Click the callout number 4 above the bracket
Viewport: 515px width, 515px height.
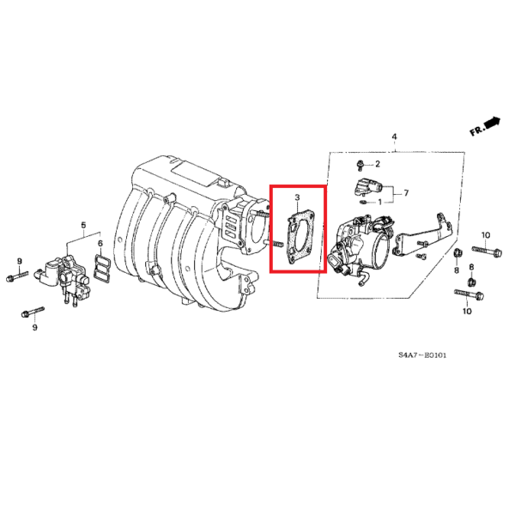click(395, 137)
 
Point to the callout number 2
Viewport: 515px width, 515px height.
click(377, 163)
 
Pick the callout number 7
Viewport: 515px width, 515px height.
click(406, 193)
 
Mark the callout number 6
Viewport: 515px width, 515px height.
click(100, 244)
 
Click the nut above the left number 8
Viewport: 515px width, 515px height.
click(457, 253)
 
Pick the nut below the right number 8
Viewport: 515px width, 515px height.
click(470, 282)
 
